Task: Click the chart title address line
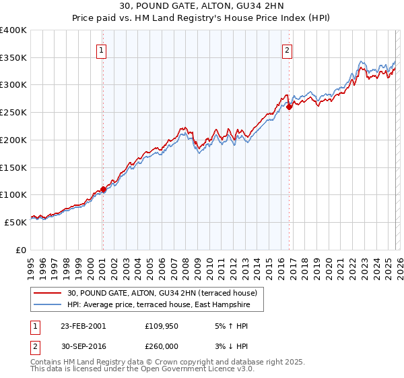click(x=201, y=7)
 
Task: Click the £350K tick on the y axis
click(x=13, y=57)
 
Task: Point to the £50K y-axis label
click(x=15, y=222)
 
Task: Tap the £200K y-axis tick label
click(x=13, y=140)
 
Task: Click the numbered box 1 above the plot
click(x=102, y=49)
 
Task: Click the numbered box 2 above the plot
click(x=288, y=49)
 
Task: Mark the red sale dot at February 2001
click(x=103, y=190)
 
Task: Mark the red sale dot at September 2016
click(x=289, y=107)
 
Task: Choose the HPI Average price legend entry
click(x=158, y=305)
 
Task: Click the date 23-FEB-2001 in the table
click(x=83, y=325)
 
